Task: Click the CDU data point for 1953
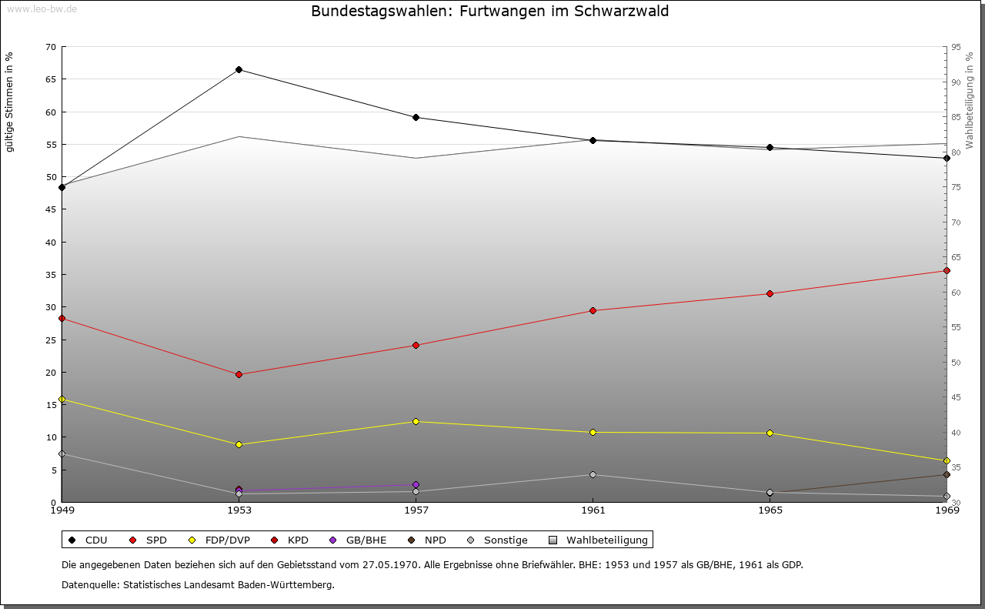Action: coord(239,70)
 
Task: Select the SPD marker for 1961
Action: coord(593,310)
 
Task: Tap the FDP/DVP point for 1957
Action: coord(416,421)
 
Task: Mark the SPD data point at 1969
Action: coord(947,270)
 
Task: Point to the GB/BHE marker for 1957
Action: coord(416,484)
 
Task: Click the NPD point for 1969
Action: coord(947,474)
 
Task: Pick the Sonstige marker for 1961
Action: coord(593,474)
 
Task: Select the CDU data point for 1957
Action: coord(416,117)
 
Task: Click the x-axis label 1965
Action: coord(770,510)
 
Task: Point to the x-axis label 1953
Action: coord(239,510)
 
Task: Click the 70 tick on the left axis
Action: coord(51,47)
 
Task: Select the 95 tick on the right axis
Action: coord(956,47)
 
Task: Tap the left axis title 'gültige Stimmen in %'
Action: coord(10,102)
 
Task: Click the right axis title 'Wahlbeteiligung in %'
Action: coord(969,101)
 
